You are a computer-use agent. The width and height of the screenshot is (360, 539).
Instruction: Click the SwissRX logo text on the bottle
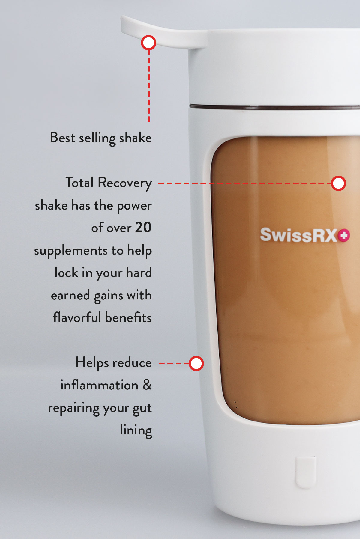pyautogui.click(x=299, y=235)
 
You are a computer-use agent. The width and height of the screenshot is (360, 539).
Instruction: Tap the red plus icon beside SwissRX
pyautogui.click(x=344, y=235)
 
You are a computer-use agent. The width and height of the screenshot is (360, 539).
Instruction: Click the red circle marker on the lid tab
pyautogui.click(x=148, y=43)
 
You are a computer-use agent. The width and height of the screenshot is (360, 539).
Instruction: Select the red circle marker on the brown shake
pyautogui.click(x=338, y=183)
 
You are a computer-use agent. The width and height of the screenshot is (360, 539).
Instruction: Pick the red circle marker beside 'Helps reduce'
pyautogui.click(x=196, y=363)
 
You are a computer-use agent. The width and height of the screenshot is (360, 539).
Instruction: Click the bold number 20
pyautogui.click(x=143, y=228)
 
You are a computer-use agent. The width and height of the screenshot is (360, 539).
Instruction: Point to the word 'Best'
pyautogui.click(x=62, y=138)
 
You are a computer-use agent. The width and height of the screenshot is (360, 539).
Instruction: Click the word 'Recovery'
pyautogui.click(x=125, y=183)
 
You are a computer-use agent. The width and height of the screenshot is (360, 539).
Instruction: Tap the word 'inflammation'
pyautogui.click(x=99, y=385)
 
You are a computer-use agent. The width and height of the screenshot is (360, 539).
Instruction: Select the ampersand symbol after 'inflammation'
pyautogui.click(x=147, y=385)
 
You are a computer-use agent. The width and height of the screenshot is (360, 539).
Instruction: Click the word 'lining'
pyautogui.click(x=136, y=430)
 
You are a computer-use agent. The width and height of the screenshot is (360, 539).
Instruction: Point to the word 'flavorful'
pyautogui.click(x=77, y=317)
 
